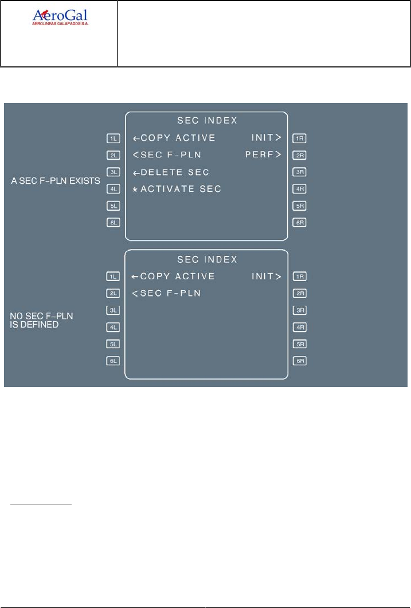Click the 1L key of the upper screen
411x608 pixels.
[112, 138]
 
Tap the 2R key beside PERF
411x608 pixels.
[299, 155]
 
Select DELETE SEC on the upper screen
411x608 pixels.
[170, 172]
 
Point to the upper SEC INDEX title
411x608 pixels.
[207, 121]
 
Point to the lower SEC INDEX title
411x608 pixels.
[207, 259]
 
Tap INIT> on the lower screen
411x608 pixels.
[267, 277]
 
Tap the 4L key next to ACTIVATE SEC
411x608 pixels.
[112, 188]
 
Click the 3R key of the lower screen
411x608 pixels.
[299, 310]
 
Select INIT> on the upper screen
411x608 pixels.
[267, 138]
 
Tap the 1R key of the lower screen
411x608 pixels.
[299, 277]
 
